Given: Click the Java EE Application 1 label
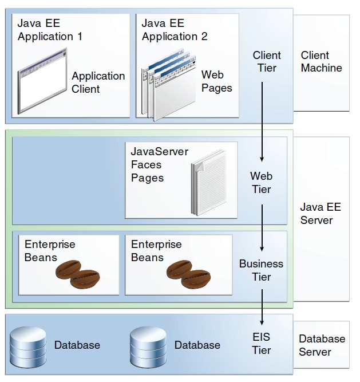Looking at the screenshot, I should coord(50,30).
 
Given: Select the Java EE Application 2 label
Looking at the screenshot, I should coord(175,30).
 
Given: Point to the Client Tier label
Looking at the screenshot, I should coord(267,61).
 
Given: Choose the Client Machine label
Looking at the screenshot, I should coord(321,61).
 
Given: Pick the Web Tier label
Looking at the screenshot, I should coord(261,182).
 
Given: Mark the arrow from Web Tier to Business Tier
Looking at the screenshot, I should coord(262,228).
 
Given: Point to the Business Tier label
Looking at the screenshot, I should coord(261,270).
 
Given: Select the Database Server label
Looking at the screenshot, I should coord(322,345).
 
